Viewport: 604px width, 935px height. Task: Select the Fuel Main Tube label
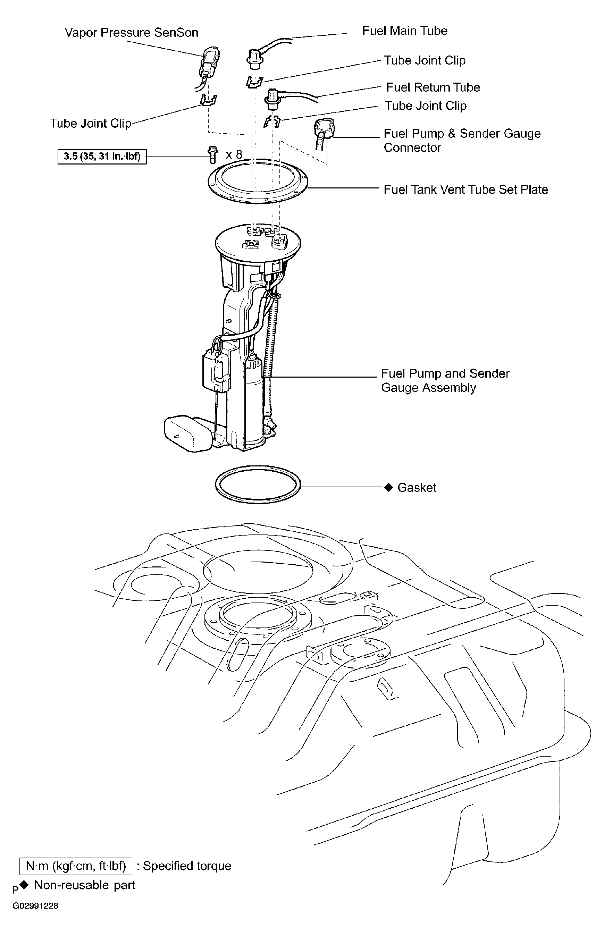(404, 31)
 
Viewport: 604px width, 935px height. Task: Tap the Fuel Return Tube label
(433, 87)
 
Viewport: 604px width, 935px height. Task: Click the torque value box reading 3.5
(102, 157)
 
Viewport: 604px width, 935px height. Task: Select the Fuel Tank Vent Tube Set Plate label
(465, 190)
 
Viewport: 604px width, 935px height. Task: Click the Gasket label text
(417, 488)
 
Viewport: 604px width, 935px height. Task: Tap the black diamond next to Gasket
(388, 487)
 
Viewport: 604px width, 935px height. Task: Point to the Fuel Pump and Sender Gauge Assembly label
(445, 380)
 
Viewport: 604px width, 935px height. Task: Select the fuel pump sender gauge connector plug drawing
(324, 131)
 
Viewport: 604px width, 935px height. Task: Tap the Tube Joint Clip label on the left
(90, 124)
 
